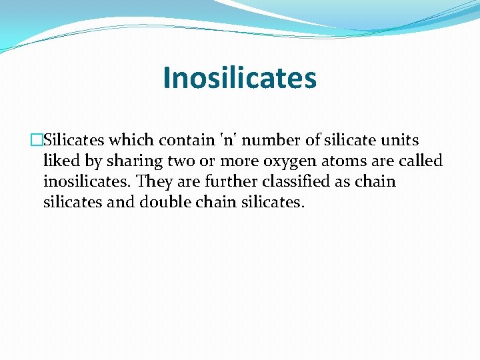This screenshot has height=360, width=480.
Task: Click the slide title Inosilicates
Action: coord(239,77)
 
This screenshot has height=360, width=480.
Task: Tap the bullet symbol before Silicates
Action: coord(37,141)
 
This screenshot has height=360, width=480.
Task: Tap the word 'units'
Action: coord(399,141)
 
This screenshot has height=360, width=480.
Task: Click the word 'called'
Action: coord(421,161)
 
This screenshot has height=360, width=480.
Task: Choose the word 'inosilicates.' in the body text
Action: coord(87,182)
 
